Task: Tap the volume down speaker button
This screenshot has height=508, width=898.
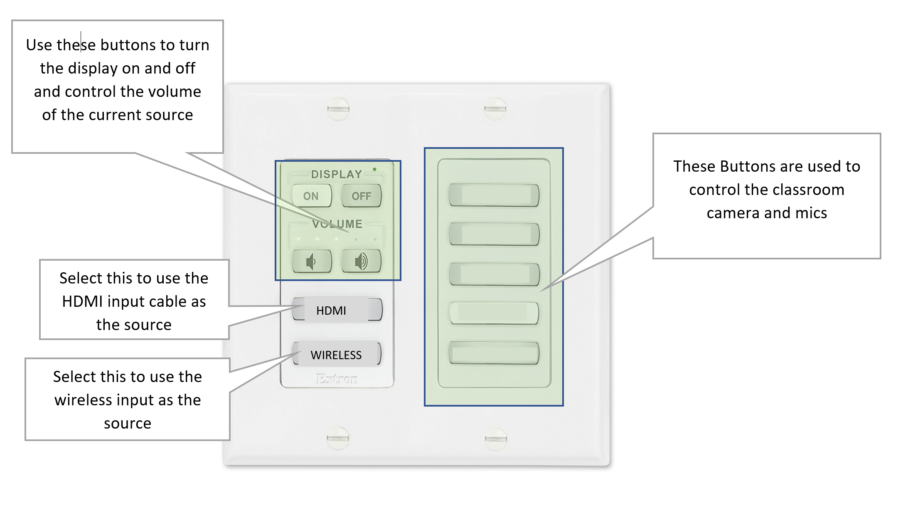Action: coord(312,261)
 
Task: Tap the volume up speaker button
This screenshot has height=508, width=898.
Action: coord(361,261)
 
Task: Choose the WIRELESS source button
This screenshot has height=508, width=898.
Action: coord(336,355)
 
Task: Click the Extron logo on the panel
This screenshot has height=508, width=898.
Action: coord(337,378)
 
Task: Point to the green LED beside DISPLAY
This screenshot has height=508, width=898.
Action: coord(374,169)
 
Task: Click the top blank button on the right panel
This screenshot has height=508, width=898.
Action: coord(494,195)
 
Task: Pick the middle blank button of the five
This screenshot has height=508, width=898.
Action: coord(494,274)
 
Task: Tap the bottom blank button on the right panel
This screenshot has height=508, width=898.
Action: coord(494,354)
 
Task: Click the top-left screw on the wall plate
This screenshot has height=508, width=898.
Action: coord(338,109)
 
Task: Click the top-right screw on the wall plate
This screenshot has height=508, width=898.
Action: coord(495,109)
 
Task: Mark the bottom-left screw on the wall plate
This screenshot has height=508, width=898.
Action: coord(337,438)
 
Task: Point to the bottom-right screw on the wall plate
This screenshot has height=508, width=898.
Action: coord(496,439)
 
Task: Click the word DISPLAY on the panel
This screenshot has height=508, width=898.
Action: coord(337,174)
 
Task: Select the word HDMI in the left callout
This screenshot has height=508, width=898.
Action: coord(82,301)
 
